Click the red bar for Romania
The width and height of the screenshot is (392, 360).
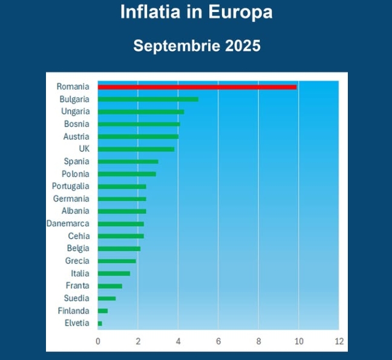(x=197, y=87)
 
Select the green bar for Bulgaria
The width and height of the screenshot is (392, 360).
(x=148, y=99)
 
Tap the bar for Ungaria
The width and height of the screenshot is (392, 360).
(x=141, y=112)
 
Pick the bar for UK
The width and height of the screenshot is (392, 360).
(x=136, y=149)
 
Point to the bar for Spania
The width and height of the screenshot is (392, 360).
(x=128, y=162)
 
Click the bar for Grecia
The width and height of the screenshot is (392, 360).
(x=117, y=261)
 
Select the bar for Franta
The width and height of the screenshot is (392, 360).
(x=110, y=286)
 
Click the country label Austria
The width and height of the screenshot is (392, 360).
(x=76, y=137)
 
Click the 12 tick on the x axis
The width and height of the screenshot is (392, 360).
(x=339, y=341)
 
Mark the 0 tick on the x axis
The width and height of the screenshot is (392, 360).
(x=98, y=341)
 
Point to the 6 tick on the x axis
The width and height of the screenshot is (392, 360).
(x=218, y=341)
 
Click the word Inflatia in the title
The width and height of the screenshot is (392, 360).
(x=152, y=13)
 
